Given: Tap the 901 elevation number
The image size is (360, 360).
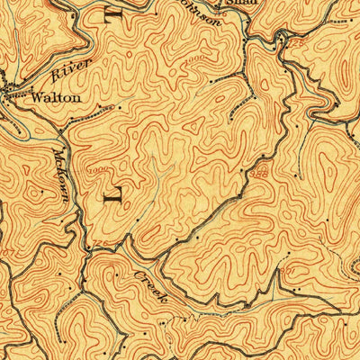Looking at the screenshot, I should pyautogui.click(x=287, y=270).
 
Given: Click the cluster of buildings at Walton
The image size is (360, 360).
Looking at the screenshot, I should pyautogui.click(x=14, y=90).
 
